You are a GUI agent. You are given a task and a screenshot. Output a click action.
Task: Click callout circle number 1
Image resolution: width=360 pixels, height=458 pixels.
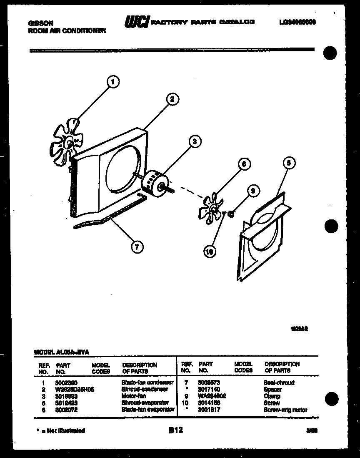pyautogui.click(x=112, y=82)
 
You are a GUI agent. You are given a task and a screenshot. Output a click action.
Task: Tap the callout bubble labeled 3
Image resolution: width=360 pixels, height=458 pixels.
pyautogui.click(x=194, y=142)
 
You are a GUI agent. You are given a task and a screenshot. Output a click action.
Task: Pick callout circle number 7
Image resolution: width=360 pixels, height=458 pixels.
pyautogui.click(x=136, y=247)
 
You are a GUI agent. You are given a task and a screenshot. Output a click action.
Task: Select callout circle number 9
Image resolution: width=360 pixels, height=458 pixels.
pyautogui.click(x=252, y=191)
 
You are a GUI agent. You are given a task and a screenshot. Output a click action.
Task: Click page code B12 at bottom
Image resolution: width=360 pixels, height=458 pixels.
pyautogui.click(x=176, y=430)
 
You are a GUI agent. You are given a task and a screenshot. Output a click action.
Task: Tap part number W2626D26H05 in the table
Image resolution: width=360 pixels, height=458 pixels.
pyautogui.click(x=72, y=389)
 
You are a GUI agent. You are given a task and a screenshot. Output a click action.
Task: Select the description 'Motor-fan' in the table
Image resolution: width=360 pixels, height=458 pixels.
pyautogui.click(x=134, y=396)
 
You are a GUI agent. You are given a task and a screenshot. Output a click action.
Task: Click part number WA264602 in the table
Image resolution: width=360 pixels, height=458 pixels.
pyautogui.click(x=212, y=396)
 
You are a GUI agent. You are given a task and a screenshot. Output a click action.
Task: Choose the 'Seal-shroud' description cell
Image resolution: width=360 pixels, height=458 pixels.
pyautogui.click(x=279, y=383)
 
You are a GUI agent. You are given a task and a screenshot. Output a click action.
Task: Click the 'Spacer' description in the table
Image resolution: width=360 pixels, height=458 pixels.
pyautogui.click(x=273, y=389)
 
